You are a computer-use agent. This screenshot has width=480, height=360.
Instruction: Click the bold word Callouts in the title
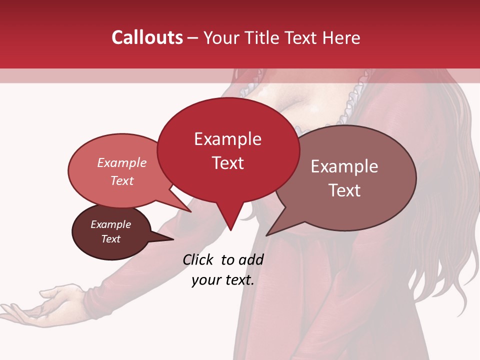click(147, 37)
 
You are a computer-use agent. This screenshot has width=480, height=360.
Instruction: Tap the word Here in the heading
click(341, 37)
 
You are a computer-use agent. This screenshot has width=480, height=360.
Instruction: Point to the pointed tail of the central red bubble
click(230, 227)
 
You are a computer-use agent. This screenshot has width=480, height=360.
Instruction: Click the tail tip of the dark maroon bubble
click(172, 239)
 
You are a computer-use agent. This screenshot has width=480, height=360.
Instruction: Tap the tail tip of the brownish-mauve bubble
click(267, 234)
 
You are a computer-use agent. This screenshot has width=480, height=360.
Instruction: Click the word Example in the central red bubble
click(228, 139)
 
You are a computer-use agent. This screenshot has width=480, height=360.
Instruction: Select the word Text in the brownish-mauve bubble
click(344, 190)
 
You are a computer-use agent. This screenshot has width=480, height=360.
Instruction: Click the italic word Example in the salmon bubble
click(122, 162)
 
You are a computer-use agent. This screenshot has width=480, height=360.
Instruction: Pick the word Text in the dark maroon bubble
click(110, 239)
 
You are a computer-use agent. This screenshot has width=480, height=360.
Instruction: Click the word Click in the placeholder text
click(198, 259)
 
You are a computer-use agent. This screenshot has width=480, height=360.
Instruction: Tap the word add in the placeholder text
click(250, 259)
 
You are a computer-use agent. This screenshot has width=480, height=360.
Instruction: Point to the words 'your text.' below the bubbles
click(223, 280)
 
